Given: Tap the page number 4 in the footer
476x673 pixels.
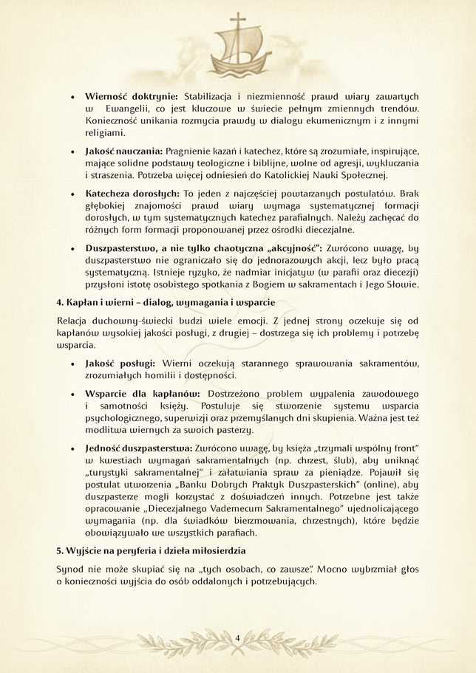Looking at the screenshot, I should tap(237, 638).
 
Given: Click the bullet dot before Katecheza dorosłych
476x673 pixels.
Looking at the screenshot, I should tap(72, 193).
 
